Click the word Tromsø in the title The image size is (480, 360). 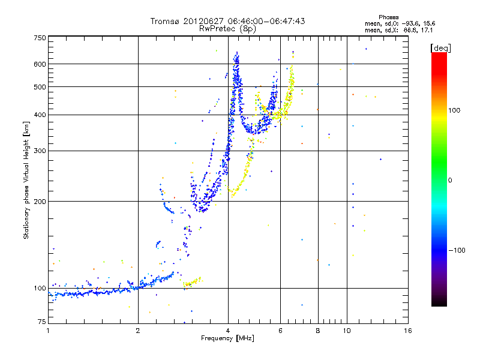coord(164,21)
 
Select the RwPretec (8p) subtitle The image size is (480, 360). coord(228,28)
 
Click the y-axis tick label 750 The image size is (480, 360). coord(40,38)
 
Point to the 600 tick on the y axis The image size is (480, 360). coord(40,64)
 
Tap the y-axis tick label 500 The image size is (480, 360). coord(40,86)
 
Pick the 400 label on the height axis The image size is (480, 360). coord(40,115)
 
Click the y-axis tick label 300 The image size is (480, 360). coord(40,151)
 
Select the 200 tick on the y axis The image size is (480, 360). coord(40,201)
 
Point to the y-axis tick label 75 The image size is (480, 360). coord(41,322)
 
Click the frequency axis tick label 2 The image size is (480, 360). coord(138,331)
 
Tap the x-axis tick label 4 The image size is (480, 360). coord(228,331)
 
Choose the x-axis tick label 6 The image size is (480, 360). coord(280,331)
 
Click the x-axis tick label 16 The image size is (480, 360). coord(408,331)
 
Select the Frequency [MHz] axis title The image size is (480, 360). coord(228,339)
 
